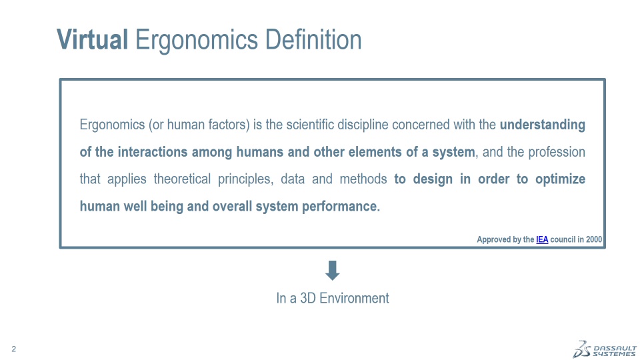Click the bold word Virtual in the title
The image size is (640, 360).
pos(92,39)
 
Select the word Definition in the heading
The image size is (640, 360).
pos(313,39)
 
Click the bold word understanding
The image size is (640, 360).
pos(543,125)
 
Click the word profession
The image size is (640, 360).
pos(557,152)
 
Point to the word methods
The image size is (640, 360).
pos(363,179)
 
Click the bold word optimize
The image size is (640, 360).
pos(561,179)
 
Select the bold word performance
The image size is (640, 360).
pos(341,207)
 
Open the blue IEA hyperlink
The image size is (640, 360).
pos(542,239)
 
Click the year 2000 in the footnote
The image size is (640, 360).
pos(594,239)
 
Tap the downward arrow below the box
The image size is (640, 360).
pos(333,270)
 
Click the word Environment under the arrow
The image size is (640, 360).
pos(354,298)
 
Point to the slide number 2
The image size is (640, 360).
pos(14,349)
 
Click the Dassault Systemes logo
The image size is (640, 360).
pos(605,349)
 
